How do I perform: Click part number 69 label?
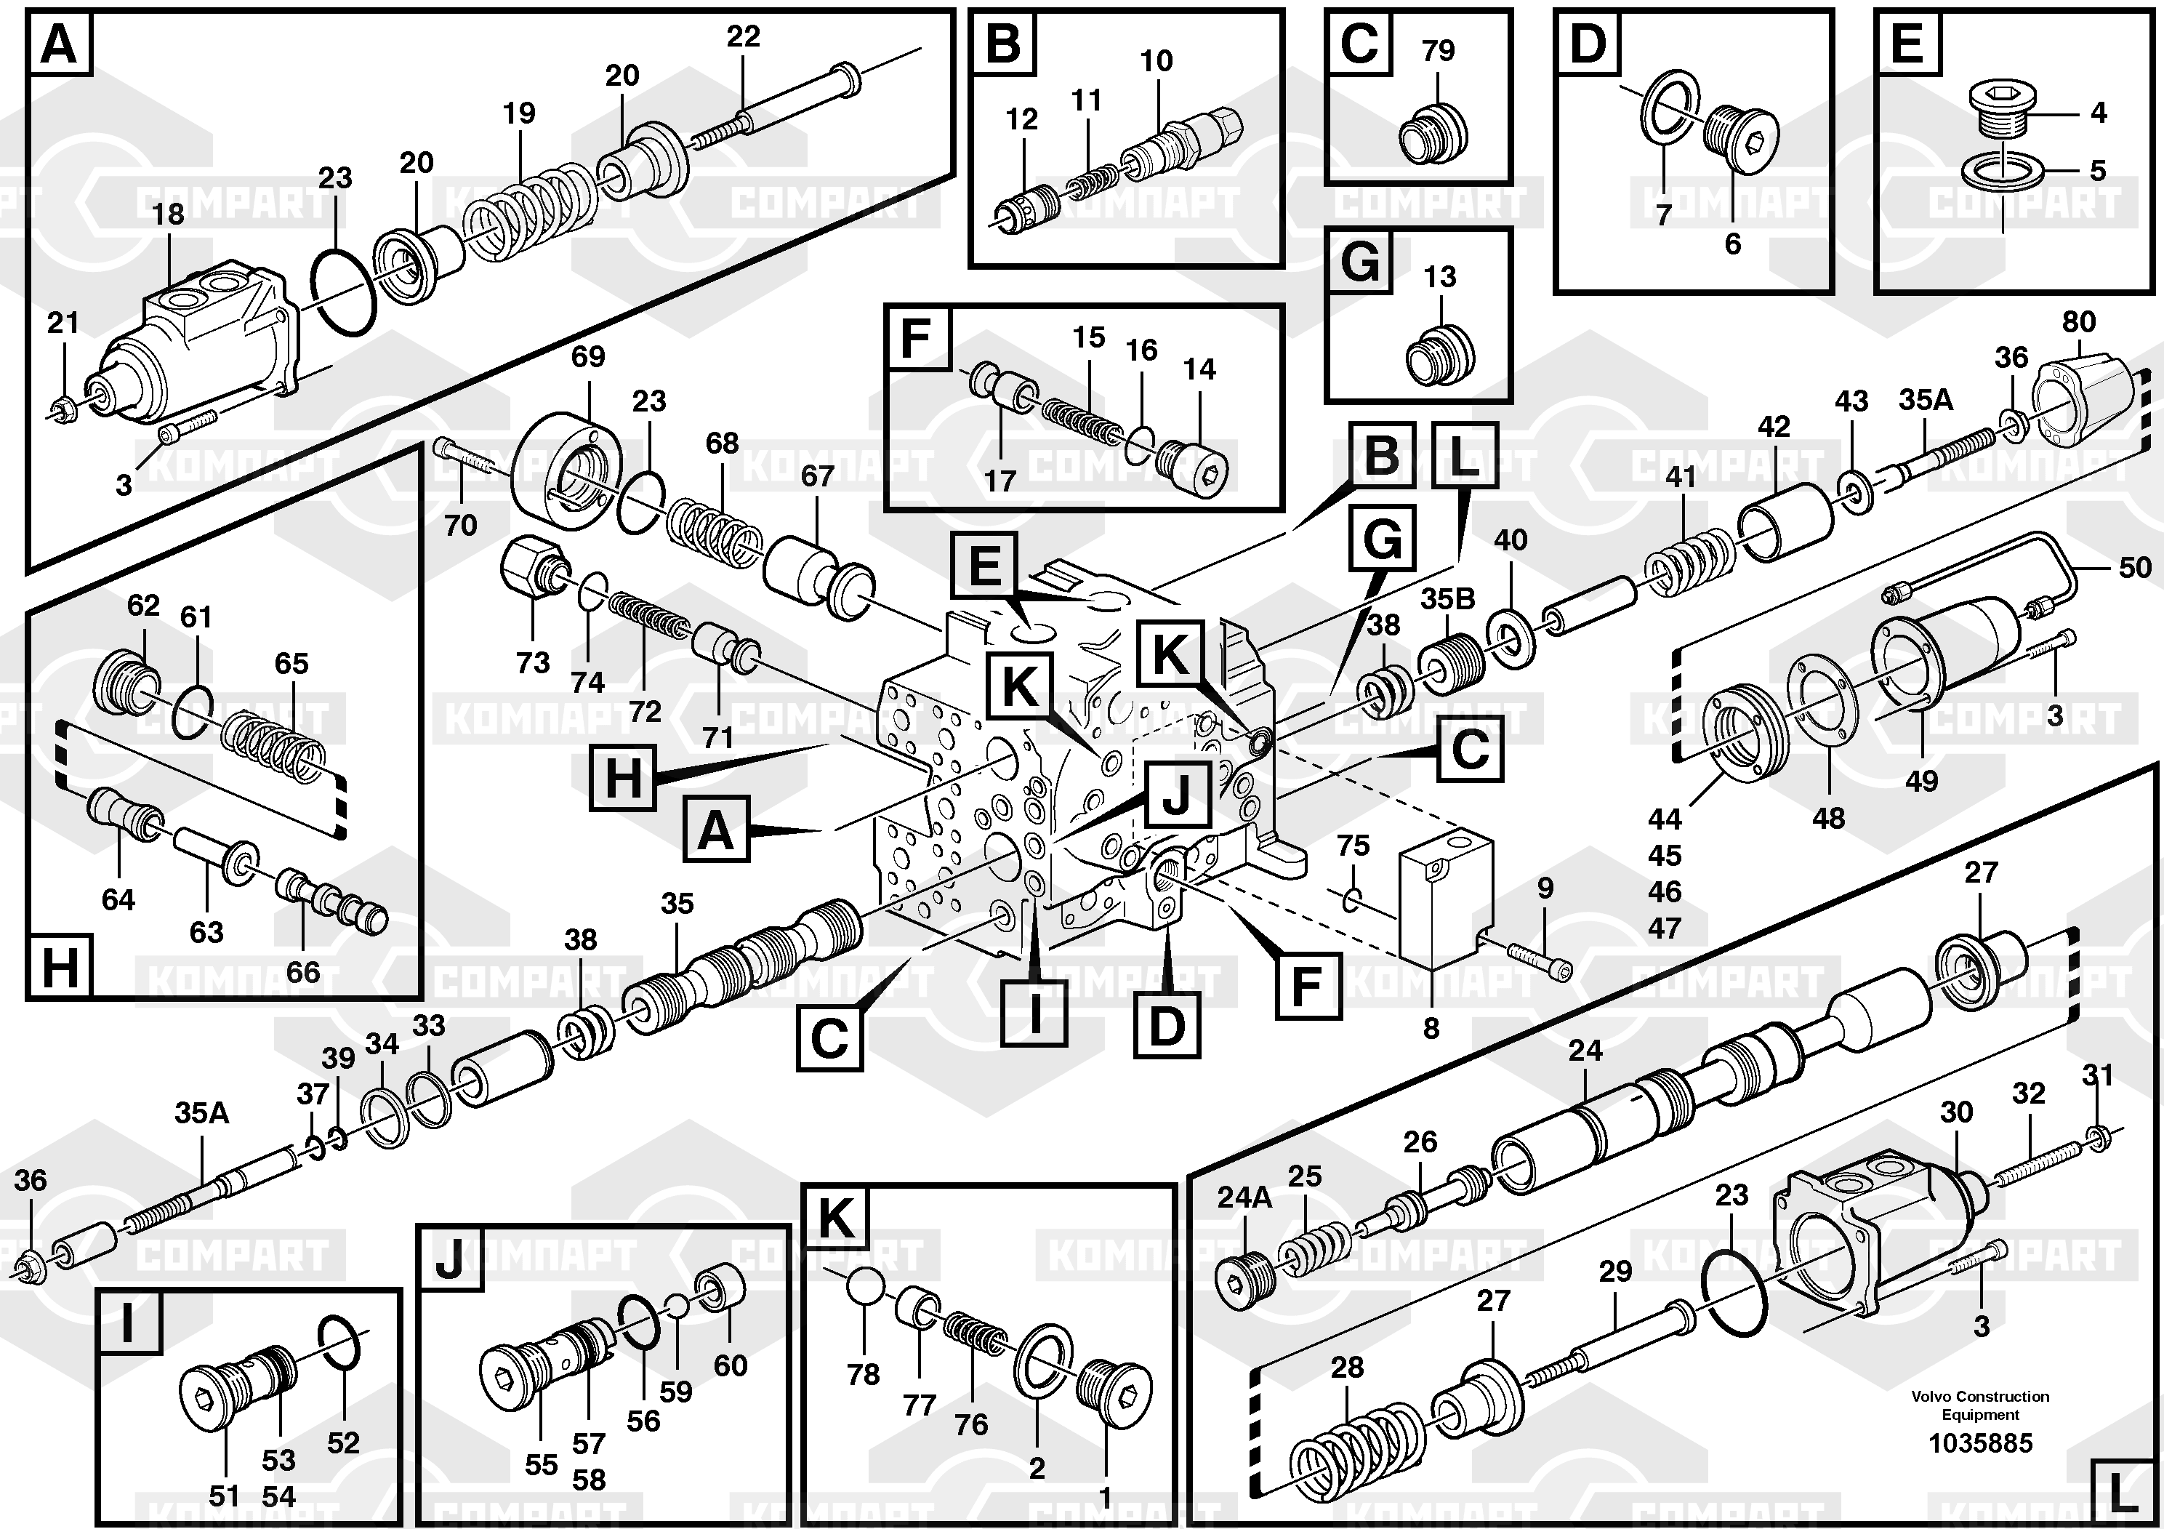click(x=588, y=356)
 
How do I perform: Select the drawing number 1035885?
click(x=1980, y=1443)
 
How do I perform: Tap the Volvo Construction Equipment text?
click(x=1980, y=1405)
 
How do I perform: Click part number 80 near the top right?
click(x=2078, y=321)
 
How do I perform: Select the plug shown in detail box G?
click(x=1439, y=356)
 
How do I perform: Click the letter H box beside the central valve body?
click(x=622, y=779)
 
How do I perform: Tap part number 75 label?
click(x=1353, y=846)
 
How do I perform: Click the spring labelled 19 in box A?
click(x=533, y=212)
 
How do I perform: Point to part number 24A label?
click(x=1244, y=1197)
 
